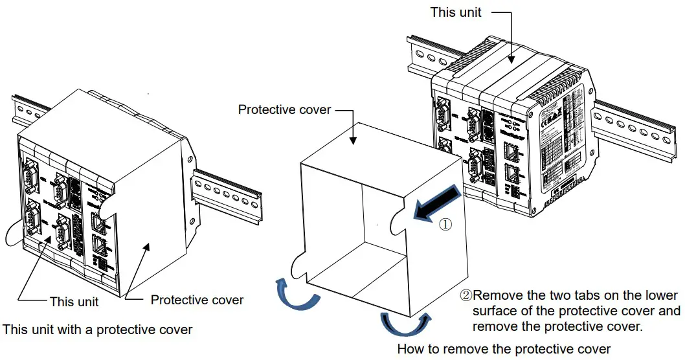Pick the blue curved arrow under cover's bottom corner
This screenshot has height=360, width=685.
(404, 322)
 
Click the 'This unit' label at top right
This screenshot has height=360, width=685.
(456, 12)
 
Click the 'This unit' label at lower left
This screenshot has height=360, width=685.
(74, 302)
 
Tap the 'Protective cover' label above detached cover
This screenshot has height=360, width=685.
(284, 109)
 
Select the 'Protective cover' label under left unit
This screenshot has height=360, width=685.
(197, 300)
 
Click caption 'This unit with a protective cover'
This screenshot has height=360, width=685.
(98, 330)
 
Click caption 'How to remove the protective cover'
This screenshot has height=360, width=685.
(503, 350)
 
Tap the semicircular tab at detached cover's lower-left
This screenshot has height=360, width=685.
(298, 265)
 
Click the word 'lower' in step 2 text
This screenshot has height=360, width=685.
(660, 295)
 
